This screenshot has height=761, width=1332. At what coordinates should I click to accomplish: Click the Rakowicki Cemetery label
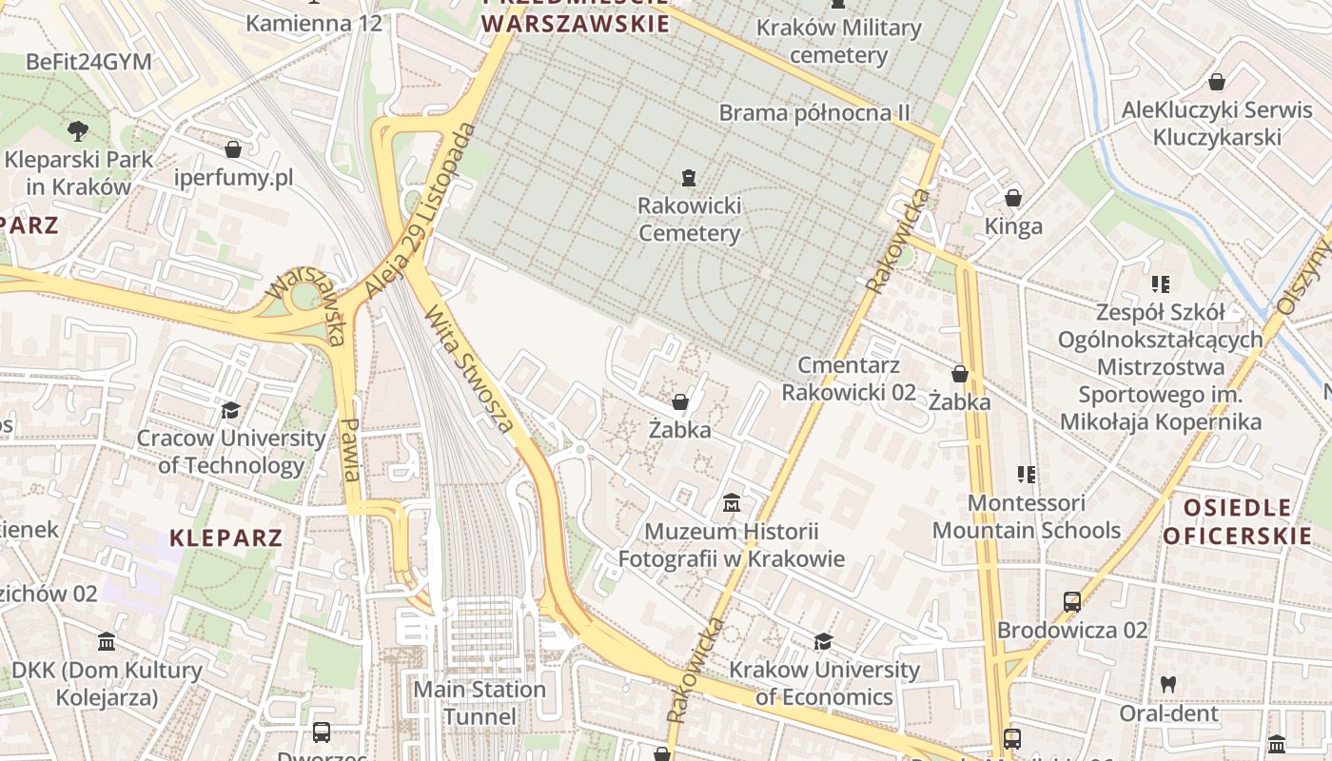(x=689, y=219)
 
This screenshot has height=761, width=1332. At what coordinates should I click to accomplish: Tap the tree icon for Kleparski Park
(x=78, y=131)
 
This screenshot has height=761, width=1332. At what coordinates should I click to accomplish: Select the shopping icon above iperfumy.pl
(x=233, y=149)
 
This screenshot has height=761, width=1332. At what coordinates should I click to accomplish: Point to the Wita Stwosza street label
(x=470, y=367)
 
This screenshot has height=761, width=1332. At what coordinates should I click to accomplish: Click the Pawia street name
(x=349, y=450)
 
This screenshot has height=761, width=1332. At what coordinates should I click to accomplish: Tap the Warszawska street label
(x=306, y=304)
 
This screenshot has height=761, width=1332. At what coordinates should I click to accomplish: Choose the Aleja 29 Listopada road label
(x=420, y=210)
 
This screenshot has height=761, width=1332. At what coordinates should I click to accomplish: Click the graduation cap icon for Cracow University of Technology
(x=230, y=410)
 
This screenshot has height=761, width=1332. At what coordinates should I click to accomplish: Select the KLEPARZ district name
(x=226, y=537)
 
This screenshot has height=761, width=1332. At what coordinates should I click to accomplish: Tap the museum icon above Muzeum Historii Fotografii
(x=732, y=502)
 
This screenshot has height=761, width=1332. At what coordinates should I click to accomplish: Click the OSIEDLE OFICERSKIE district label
(x=1237, y=521)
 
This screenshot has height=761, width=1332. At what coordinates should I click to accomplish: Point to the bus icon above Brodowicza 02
(x=1072, y=602)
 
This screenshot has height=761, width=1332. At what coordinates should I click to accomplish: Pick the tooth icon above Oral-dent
(x=1168, y=684)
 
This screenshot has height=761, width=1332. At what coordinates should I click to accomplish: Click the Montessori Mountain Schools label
(x=1027, y=517)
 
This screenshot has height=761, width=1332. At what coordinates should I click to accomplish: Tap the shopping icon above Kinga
(x=1013, y=198)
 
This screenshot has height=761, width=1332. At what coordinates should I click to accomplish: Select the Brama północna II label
(x=814, y=113)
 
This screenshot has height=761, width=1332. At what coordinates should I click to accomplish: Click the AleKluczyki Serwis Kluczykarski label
(x=1217, y=124)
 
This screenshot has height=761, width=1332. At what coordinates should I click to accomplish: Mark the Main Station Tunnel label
(x=481, y=702)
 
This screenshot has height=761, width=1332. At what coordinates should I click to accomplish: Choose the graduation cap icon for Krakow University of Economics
(x=823, y=642)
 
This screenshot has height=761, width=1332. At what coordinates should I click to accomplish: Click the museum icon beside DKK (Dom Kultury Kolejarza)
(x=107, y=643)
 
